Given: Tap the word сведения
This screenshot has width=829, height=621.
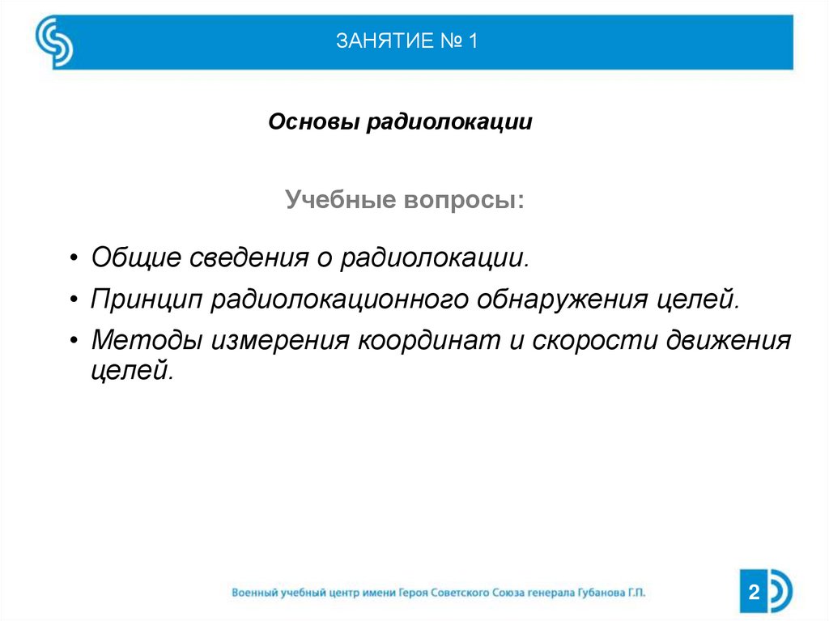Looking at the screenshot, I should tap(248, 257).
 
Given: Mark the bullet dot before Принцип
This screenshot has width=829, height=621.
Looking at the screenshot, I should tap(74, 300).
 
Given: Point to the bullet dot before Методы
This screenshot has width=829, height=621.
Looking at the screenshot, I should tap(74, 341).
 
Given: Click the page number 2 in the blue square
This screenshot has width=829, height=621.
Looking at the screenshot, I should tap(754, 592).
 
